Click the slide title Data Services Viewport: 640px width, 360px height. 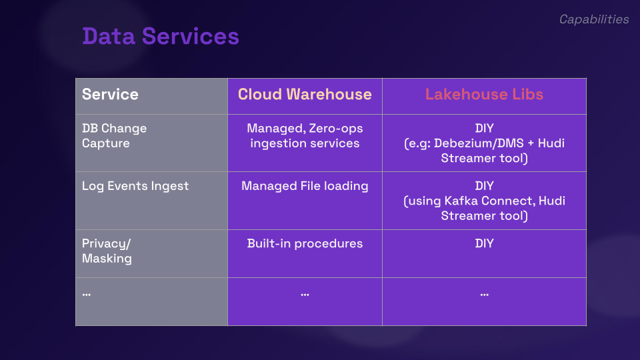pos(161,36)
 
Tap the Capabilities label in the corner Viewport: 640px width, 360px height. pos(594,19)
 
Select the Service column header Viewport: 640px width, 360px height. pos(110,94)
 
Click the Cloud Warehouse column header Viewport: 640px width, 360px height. pos(305,94)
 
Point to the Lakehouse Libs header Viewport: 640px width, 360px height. pos(484,94)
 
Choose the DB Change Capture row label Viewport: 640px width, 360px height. pos(114,135)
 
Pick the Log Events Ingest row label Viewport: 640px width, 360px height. pos(135,186)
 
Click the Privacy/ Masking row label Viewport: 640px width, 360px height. pos(107,251)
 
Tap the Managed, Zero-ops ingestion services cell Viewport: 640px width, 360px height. pos(305,135)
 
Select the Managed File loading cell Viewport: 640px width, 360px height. pos(305,186)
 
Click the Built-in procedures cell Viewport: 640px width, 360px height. pos(305,244)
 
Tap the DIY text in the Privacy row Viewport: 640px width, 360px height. pos(485,244)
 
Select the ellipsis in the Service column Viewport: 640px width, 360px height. pos(87,294)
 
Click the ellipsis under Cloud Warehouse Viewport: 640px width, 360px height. pos(305,294)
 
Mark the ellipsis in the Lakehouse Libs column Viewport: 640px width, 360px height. pos(485,294)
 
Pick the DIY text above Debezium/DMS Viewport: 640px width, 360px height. pos(485,129)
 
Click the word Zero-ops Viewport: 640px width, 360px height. pos(336,129)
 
